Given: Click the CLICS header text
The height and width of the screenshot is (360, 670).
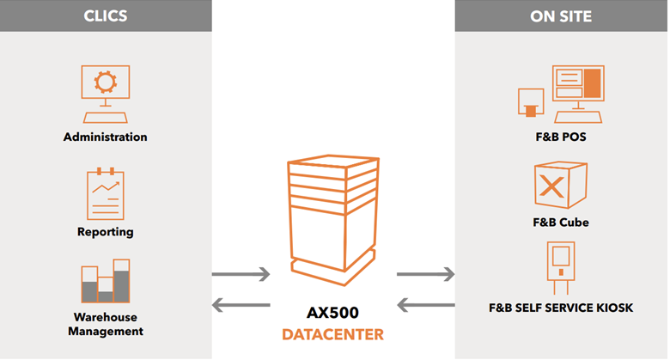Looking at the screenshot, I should tap(105, 15).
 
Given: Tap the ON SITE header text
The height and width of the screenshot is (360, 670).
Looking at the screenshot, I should tap(561, 15).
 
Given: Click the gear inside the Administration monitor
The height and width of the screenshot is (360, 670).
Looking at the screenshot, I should tap(105, 82).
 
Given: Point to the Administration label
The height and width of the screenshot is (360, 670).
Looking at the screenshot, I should tap(105, 137).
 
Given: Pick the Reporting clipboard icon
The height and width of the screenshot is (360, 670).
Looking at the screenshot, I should tap(105, 194).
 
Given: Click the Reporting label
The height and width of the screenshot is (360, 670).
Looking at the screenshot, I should tap(105, 231).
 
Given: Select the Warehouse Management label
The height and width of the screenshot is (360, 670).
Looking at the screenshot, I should tap(105, 324).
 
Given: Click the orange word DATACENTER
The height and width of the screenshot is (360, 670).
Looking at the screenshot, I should tap(333, 333).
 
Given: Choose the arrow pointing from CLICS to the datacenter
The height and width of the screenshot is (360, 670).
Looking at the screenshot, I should tap(241, 275).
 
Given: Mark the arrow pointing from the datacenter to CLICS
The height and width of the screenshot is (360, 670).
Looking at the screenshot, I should tap(241, 304).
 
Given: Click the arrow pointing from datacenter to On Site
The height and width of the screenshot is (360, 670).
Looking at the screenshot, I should tap(425, 275).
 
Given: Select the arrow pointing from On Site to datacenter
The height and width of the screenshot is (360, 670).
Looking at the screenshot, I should tap(425, 304).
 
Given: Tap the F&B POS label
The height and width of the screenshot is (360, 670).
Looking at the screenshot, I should tap(561, 137).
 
